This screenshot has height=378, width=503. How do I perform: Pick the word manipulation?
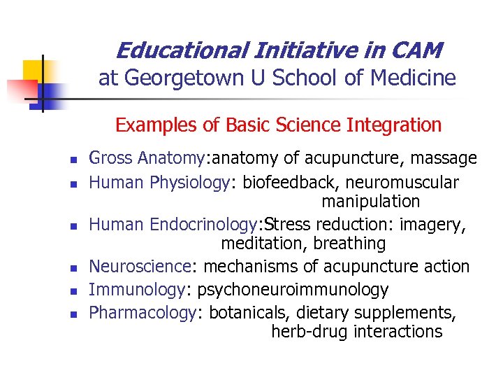370,202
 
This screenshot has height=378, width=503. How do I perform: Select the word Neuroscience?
140,267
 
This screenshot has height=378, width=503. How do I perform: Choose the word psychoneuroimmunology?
293,290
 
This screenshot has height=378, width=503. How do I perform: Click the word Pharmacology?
143,312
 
